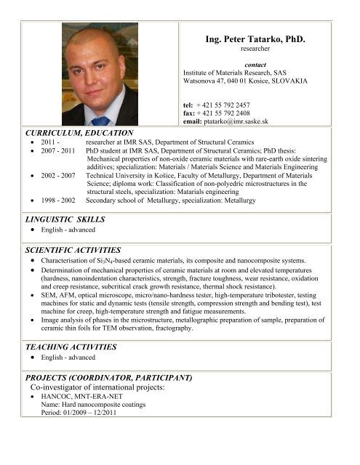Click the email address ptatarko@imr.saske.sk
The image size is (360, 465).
click(236, 121)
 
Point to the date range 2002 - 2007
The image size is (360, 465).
click(52, 176)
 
